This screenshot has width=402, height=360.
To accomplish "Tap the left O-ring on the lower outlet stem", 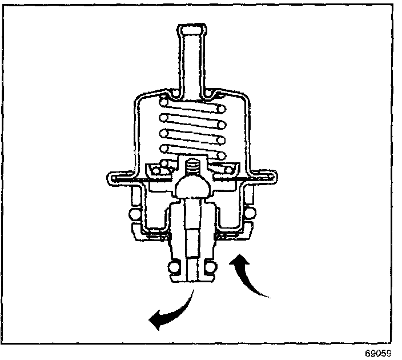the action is [x=174, y=266].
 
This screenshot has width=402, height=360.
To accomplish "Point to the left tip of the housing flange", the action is [x=107, y=177].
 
